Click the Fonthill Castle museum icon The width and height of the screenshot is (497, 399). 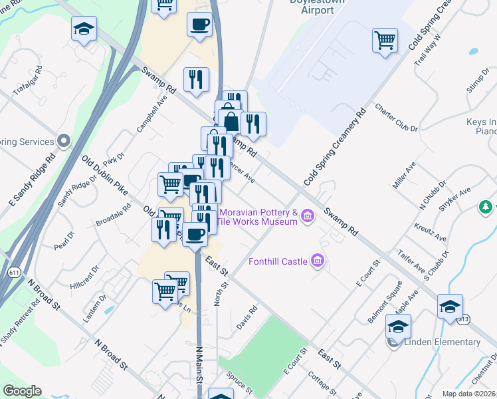pyautogui.click(x=318, y=260)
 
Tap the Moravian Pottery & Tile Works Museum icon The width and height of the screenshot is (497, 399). pyautogui.click(x=307, y=215)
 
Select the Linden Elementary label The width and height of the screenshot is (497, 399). pyautogui.click(x=442, y=342)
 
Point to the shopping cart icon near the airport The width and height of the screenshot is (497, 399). pyautogui.click(x=385, y=40)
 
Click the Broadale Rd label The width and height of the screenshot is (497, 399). pyautogui.click(x=114, y=211)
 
